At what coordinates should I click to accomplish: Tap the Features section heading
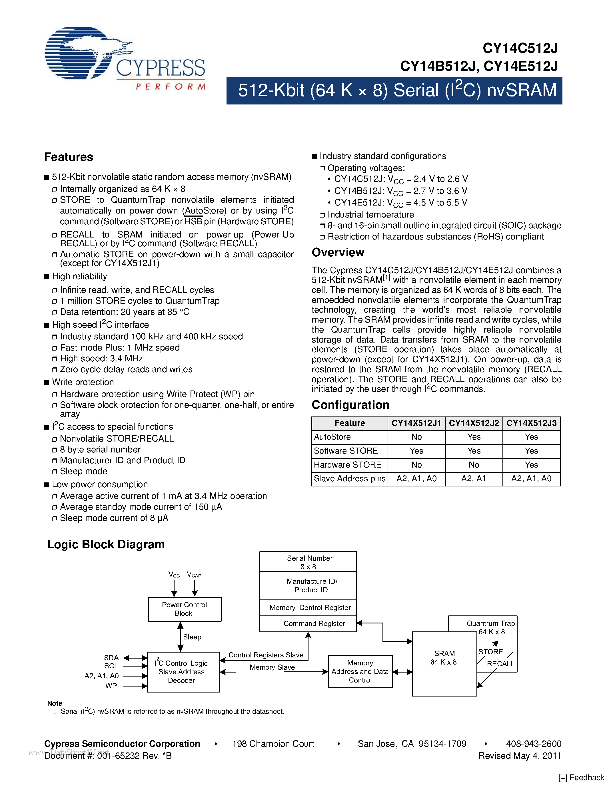click(x=68, y=157)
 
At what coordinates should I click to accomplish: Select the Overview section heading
click(x=338, y=252)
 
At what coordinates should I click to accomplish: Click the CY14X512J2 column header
click(x=474, y=423)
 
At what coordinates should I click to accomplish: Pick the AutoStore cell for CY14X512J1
click(x=416, y=437)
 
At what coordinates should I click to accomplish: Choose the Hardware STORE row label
click(x=347, y=465)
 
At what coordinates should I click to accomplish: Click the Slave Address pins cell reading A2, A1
click(x=474, y=478)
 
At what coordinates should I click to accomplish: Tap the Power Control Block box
click(x=185, y=609)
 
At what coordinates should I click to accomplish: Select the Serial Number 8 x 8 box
click(x=308, y=562)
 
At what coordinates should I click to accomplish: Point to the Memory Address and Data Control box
click(x=360, y=671)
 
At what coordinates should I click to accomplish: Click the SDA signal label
click(x=111, y=657)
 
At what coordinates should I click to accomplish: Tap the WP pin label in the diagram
click(x=111, y=685)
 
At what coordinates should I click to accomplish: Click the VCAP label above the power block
click(x=194, y=574)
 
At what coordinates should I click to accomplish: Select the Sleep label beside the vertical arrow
click(x=192, y=637)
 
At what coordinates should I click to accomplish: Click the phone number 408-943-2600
click(x=534, y=744)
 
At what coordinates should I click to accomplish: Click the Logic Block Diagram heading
click(x=106, y=544)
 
